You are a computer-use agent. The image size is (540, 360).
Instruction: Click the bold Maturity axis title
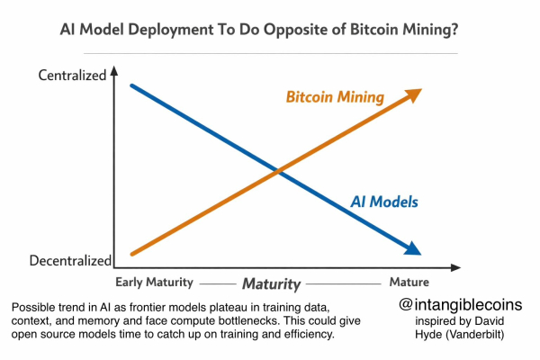pyautogui.click(x=270, y=283)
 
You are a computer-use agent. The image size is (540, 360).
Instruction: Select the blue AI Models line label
pyautogui.click(x=384, y=202)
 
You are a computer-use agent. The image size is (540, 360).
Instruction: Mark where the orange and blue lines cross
pyautogui.click(x=277, y=170)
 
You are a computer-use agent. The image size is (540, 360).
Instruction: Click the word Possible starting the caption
pyautogui.click(x=34, y=308)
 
